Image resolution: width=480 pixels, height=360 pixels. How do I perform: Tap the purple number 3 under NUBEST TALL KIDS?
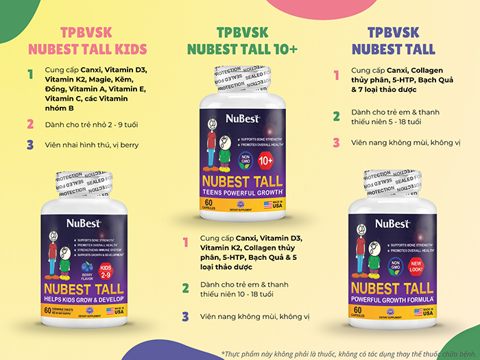[29, 145]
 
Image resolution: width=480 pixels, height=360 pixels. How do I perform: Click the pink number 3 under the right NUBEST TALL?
[336, 143]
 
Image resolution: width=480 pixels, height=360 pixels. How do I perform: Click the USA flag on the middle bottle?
[268, 204]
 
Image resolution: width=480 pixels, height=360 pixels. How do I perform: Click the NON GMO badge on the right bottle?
[396, 265]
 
